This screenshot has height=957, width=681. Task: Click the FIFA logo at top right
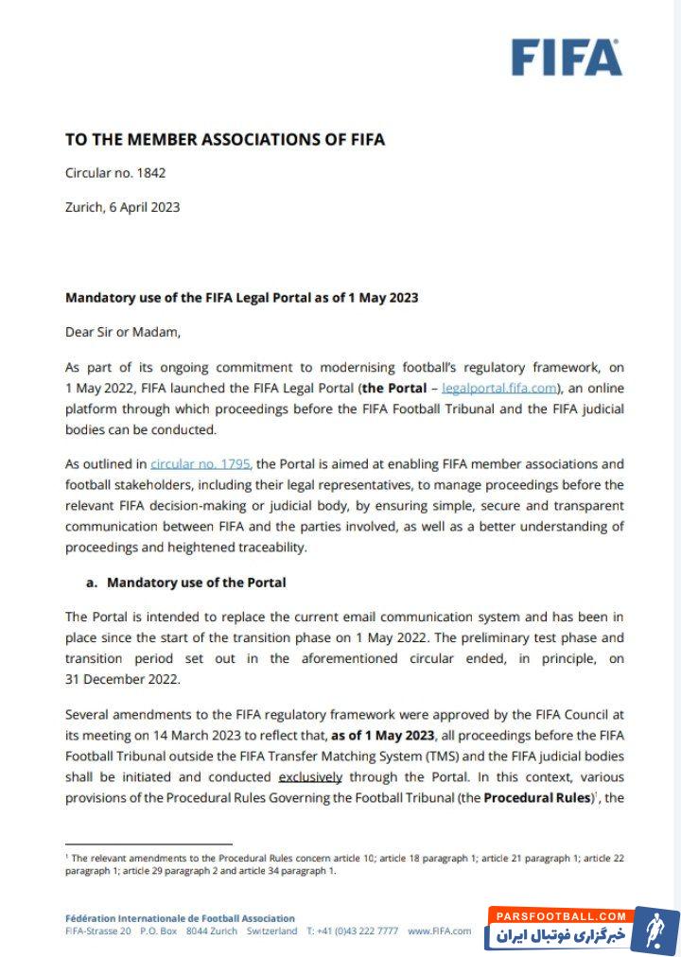[567, 58]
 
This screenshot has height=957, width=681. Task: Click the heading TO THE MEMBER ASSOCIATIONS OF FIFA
[224, 139]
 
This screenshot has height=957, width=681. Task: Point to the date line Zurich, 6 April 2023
[122, 206]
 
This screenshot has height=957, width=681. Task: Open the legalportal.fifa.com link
[498, 388]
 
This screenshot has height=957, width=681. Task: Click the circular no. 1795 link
[200, 463]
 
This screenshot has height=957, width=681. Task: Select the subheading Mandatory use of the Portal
[196, 582]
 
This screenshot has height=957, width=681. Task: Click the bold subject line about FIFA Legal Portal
[241, 297]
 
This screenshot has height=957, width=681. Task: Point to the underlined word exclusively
[311, 777]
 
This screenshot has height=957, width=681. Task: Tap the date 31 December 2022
[122, 678]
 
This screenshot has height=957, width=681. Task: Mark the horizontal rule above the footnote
[148, 844]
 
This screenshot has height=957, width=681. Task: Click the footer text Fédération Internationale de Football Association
[180, 918]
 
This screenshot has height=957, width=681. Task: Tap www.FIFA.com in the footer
[440, 931]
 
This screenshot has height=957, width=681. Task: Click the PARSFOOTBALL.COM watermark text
[566, 915]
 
